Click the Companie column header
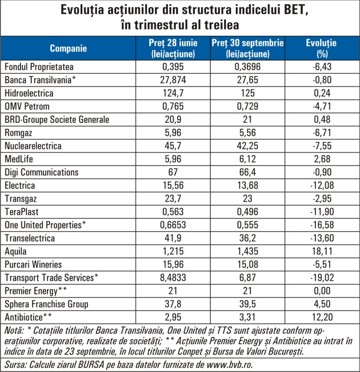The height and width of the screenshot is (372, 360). tap(68, 48)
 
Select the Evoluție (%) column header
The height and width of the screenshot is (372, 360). tap(322, 48)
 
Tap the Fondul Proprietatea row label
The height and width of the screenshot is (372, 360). tap(39, 67)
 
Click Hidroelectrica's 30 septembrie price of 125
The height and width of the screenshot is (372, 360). tap(247, 93)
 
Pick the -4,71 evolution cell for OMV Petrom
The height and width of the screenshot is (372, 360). tap(322, 106)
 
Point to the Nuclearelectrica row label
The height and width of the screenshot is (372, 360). tap(33, 146)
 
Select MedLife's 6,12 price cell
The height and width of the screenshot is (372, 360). tap(247, 159)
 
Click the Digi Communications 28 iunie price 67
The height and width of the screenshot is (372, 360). tap(173, 172)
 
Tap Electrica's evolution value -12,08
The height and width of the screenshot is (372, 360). tap(322, 186)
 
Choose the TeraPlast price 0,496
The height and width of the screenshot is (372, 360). tap(247, 212)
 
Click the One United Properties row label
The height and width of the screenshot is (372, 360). tap(45, 225)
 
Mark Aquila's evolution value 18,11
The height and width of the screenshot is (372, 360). tap(322, 252)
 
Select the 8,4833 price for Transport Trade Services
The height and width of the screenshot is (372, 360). tap(173, 278)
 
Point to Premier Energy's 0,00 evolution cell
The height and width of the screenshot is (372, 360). tap(322, 291)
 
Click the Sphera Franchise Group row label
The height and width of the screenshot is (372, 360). tap(47, 304)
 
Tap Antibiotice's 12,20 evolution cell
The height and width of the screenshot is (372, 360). tap(322, 318)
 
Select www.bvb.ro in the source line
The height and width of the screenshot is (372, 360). tap(229, 365)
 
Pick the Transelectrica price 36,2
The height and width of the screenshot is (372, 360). tap(247, 238)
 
